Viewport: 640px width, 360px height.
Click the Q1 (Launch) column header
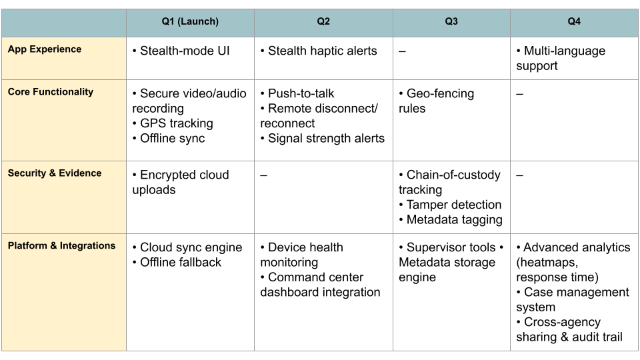pyautogui.click(x=190, y=22)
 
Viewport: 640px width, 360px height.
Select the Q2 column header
pyautogui.click(x=323, y=22)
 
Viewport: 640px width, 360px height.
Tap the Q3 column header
pyautogui.click(x=451, y=22)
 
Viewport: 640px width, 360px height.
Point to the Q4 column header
pyautogui.click(x=574, y=22)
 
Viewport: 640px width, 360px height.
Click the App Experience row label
pyautogui.click(x=45, y=49)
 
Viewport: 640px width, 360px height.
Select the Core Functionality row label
pyautogui.click(x=51, y=92)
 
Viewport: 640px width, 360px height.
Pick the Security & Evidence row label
pyautogui.click(x=55, y=173)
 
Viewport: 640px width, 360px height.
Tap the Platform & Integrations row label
pyautogui.click(x=61, y=246)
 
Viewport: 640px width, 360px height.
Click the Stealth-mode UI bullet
pyautogui.click(x=181, y=51)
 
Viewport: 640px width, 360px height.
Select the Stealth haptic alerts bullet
pyautogui.click(x=319, y=51)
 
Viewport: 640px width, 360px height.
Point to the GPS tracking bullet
pyautogui.click(x=173, y=123)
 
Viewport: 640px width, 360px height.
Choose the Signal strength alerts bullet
pyautogui.click(x=322, y=138)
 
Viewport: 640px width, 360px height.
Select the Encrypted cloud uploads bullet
pyautogui.click(x=180, y=182)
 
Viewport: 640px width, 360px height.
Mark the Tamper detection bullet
pyautogui.click(x=450, y=205)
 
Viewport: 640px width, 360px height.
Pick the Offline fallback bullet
pyautogui.click(x=177, y=262)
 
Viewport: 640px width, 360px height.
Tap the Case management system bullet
pyautogui.click(x=572, y=299)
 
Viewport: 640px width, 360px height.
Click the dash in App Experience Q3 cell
pyautogui.click(x=403, y=51)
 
